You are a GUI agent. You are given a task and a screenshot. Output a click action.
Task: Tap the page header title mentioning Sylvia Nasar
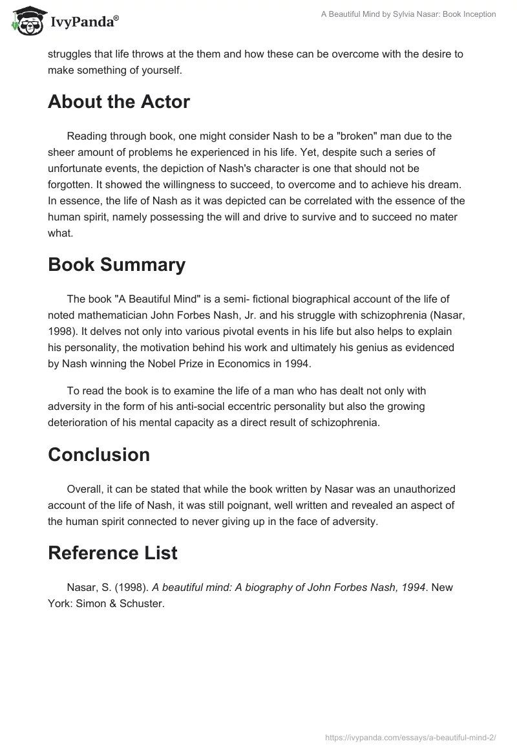pyautogui.click(x=408, y=14)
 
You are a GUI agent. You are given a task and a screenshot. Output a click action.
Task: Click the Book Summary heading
pyautogui.click(x=116, y=264)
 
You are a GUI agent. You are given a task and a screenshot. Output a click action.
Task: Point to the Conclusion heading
pyautogui.click(x=99, y=455)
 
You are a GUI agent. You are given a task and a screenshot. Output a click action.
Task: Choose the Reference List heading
pyautogui.click(x=112, y=553)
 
